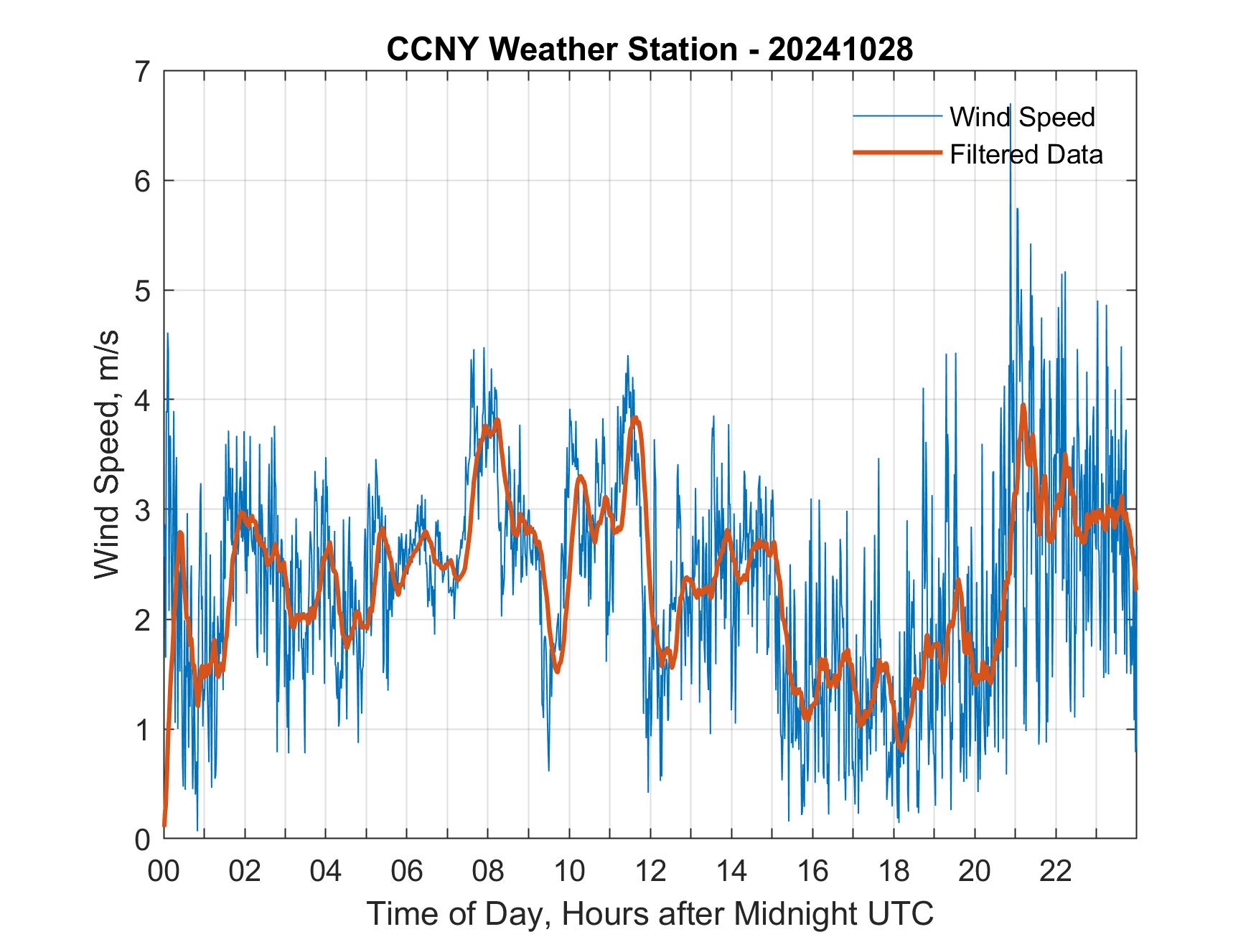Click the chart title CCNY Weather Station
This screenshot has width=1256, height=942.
coord(562,50)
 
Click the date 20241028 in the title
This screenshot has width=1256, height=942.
coord(840,50)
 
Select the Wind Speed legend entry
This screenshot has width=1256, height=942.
coord(1022,116)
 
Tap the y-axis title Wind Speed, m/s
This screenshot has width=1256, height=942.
coord(107,455)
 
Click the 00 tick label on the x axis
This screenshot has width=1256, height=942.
coord(164,872)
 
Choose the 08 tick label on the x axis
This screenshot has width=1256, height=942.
coord(488,872)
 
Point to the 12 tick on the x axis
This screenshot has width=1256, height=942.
coord(650,872)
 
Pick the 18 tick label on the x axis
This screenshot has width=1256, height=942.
coord(894,872)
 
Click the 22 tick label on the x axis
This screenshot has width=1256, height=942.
coord(1056,872)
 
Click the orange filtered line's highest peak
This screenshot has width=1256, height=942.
coord(1023,405)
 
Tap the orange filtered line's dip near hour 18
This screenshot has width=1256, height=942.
coord(901,750)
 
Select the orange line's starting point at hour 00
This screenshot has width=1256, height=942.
coord(164,825)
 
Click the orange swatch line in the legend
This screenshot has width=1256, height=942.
coord(896,153)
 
